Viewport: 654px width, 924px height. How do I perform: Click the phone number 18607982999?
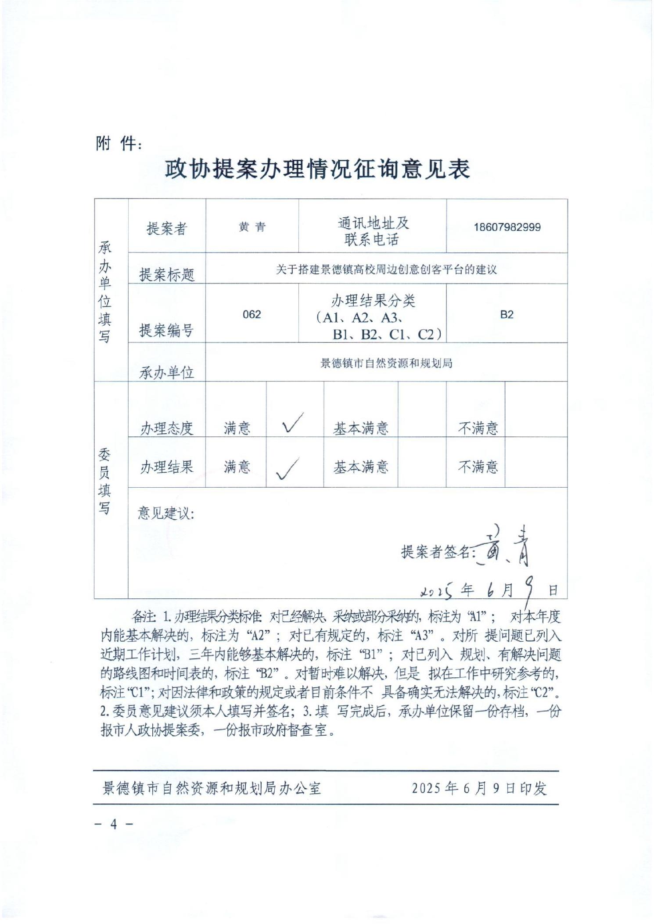tap(507, 227)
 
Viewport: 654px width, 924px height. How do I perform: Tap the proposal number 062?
tap(252, 314)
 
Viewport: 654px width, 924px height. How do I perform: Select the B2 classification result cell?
tap(507, 314)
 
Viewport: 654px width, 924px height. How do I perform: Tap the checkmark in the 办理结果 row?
tap(287, 468)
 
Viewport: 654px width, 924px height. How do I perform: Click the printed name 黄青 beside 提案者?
tap(252, 227)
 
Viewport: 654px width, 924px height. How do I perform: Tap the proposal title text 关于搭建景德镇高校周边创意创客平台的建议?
tap(386, 269)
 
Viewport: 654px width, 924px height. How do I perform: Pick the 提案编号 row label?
tap(166, 330)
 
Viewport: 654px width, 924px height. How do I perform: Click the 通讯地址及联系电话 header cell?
tap(372, 231)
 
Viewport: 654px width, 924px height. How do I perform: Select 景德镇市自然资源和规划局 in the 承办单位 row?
tap(386, 363)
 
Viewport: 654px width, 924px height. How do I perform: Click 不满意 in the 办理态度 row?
tap(478, 428)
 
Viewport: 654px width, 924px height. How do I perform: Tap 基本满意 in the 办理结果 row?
tap(361, 467)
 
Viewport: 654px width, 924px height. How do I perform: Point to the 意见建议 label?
tap(166, 513)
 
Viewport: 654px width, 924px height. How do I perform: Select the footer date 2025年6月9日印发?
tap(479, 788)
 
